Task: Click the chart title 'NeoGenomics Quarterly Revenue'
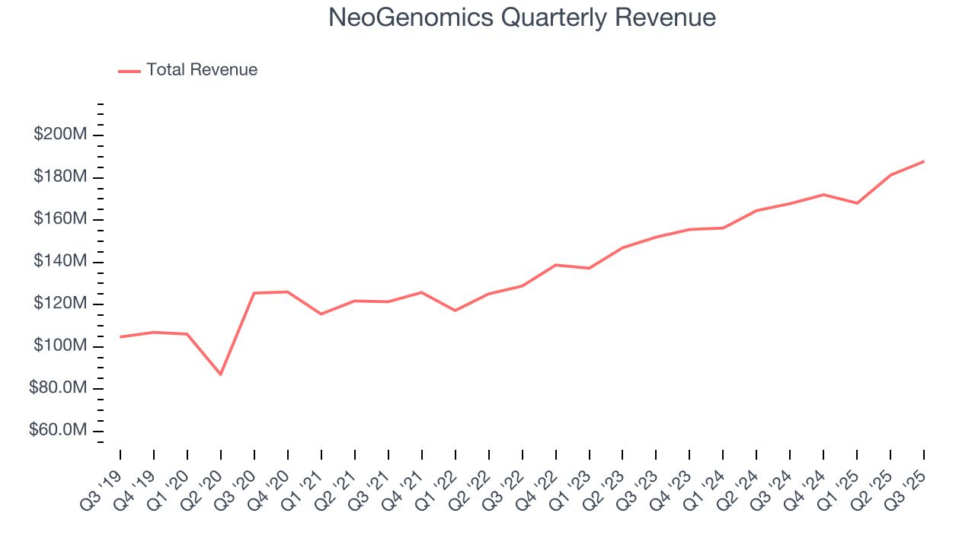click(522, 18)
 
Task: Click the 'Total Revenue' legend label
click(202, 70)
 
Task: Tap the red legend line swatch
click(129, 71)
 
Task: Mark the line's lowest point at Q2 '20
click(221, 374)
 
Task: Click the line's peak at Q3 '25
click(924, 161)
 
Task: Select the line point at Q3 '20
click(254, 293)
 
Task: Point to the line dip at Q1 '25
click(857, 203)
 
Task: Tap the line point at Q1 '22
click(455, 311)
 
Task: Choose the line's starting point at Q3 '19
click(120, 336)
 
